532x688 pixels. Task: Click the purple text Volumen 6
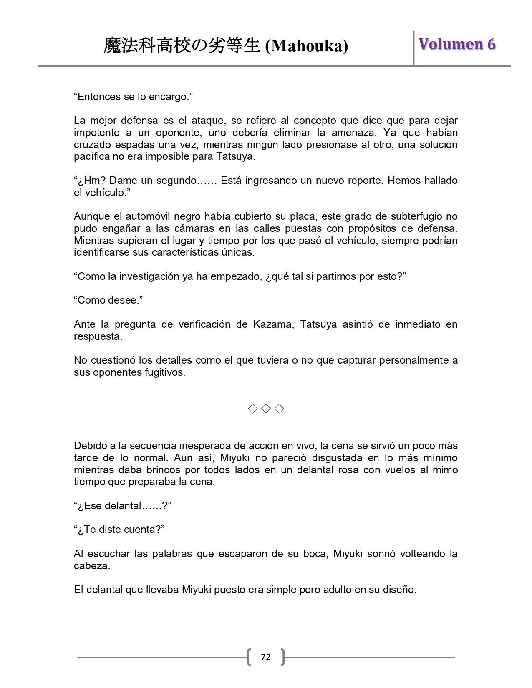[x=457, y=44]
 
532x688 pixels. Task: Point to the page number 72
[x=265, y=657]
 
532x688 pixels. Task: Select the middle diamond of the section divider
[x=266, y=409]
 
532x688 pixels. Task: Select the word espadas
[x=135, y=145]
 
